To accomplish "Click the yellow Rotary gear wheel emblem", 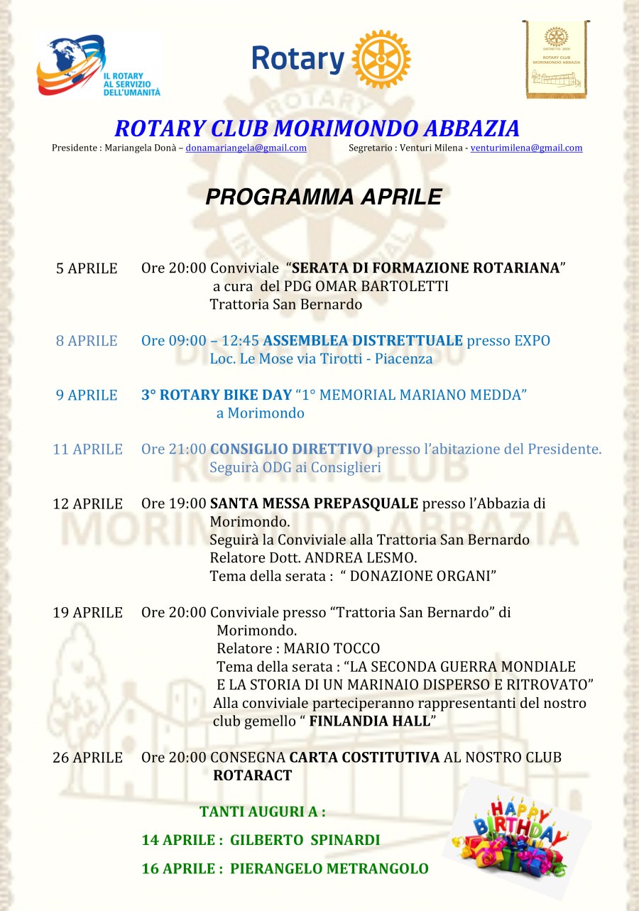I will tap(381, 59).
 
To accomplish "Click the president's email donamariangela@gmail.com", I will tap(246, 148).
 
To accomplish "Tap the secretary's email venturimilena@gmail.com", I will tap(526, 148).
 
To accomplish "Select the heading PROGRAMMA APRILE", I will tap(323, 197).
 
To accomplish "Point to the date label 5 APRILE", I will tap(87, 268).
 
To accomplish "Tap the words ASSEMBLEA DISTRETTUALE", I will tap(363, 341).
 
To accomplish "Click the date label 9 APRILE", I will tap(87, 396).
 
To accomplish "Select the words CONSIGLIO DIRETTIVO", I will tap(291, 449).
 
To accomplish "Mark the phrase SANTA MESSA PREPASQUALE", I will tap(314, 504).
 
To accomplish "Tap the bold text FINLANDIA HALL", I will tap(370, 721).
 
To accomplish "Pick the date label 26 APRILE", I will tap(87, 758).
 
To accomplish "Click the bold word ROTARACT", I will tap(252, 776).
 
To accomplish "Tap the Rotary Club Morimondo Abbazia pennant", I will tap(556, 59).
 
